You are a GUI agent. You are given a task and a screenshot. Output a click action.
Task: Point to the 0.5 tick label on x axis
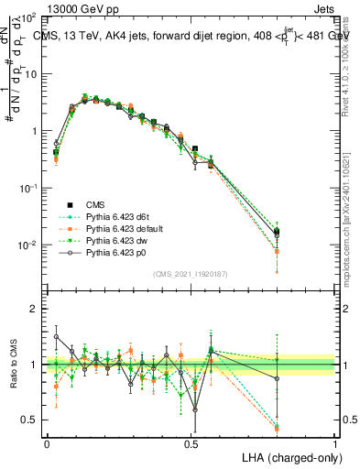click(x=191, y=443)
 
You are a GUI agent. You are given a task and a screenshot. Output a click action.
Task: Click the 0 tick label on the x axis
click(x=47, y=443)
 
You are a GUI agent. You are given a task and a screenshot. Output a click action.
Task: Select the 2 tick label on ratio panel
click(x=33, y=309)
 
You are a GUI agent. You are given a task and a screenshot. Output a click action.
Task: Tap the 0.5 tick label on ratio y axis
click(x=29, y=420)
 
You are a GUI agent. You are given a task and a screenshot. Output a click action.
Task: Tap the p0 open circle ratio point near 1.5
click(x=57, y=336)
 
